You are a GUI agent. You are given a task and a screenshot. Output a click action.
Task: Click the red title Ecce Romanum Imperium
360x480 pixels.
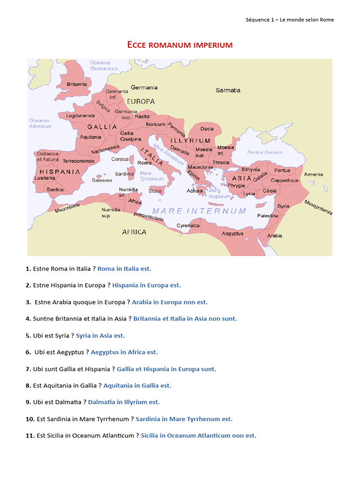180,45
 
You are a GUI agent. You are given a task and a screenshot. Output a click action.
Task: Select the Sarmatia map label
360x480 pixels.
228,90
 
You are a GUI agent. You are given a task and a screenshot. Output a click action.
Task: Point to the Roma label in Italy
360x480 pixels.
144,163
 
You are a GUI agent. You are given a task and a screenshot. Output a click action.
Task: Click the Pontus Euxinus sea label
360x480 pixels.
265,152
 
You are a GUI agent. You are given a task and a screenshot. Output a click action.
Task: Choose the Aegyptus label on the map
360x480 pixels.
232,233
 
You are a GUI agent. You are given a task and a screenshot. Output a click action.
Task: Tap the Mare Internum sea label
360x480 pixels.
199,211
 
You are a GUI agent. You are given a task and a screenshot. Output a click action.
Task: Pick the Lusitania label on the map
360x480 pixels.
45,178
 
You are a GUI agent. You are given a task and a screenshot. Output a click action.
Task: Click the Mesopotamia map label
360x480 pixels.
318,208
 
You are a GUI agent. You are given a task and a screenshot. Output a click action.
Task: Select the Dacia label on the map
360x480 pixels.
207,128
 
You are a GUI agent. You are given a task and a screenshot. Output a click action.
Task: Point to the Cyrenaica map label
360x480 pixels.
188,225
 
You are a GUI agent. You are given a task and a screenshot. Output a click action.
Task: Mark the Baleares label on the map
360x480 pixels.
102,180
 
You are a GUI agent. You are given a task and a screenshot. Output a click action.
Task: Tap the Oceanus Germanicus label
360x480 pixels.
104,66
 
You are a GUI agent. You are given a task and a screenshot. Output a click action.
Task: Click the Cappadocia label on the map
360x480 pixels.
285,180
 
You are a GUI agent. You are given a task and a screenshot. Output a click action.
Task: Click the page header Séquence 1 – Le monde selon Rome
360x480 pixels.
290,20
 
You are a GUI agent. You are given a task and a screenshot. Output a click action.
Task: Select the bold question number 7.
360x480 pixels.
28,369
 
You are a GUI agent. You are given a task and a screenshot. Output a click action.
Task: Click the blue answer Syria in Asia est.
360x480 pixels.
100,336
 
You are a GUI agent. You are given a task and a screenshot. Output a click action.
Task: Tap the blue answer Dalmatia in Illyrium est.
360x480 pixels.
124,402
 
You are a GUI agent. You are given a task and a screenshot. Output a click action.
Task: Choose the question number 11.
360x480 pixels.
30,435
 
